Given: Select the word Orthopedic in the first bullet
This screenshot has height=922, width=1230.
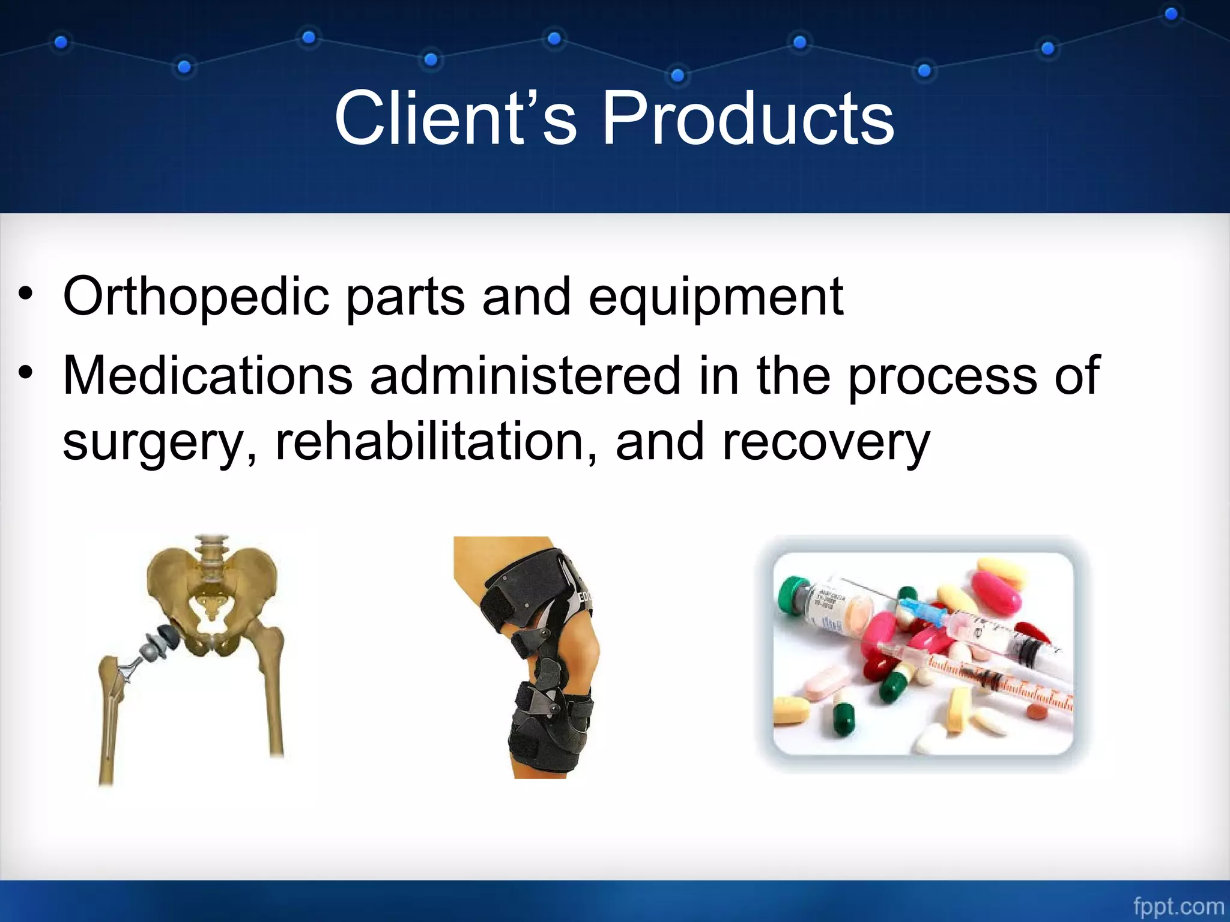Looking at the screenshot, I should [196, 296].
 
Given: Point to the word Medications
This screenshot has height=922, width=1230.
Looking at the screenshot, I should [208, 376].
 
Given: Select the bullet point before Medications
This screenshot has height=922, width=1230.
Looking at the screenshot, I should [25, 374].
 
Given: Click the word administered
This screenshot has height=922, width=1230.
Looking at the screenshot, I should [524, 376].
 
